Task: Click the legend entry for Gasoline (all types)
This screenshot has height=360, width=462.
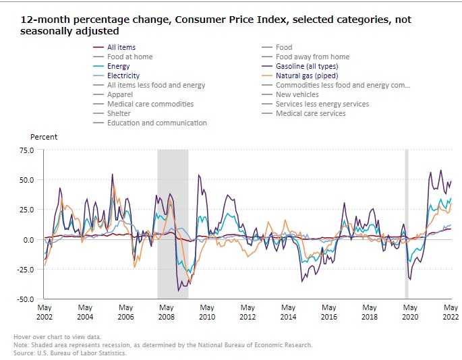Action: (x=307, y=66)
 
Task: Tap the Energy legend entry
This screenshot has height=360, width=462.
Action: (x=118, y=66)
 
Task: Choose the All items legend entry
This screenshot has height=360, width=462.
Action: (x=121, y=47)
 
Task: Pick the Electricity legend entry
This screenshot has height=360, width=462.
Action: (x=123, y=76)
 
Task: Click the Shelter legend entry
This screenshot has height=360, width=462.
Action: (x=119, y=113)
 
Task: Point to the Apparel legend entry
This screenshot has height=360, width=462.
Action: (x=119, y=94)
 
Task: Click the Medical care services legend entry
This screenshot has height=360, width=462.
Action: (x=310, y=113)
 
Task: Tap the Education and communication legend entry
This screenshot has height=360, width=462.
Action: (x=156, y=123)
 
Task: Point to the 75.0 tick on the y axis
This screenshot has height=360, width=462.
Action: (x=26, y=150)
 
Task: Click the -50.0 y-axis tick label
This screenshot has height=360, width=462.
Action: (x=26, y=299)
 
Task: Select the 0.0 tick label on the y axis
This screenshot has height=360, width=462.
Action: (x=28, y=239)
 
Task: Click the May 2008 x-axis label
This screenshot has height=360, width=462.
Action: (x=167, y=311)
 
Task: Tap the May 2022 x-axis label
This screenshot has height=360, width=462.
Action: (x=450, y=311)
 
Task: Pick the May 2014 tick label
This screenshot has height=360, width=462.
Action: (x=288, y=311)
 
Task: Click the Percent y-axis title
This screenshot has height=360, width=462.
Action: (x=44, y=137)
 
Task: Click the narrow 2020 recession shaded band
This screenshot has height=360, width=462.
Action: (x=406, y=222)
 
